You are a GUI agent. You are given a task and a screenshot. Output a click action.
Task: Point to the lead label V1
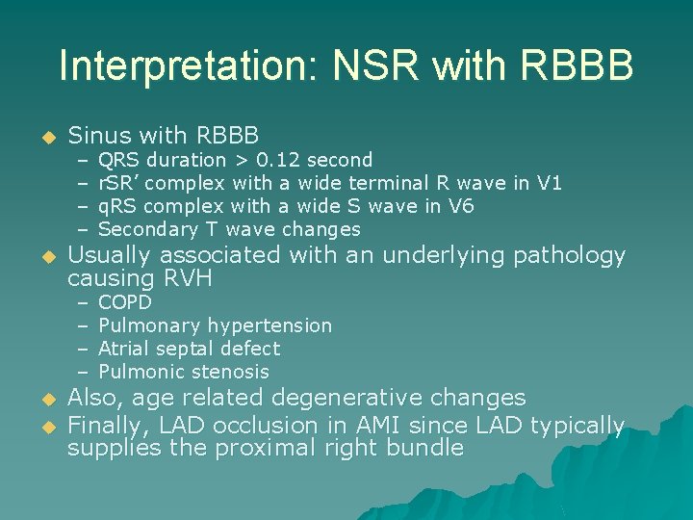(x=549, y=183)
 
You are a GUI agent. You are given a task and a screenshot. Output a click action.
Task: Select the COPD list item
(x=125, y=302)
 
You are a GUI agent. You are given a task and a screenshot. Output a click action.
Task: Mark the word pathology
(x=569, y=256)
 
